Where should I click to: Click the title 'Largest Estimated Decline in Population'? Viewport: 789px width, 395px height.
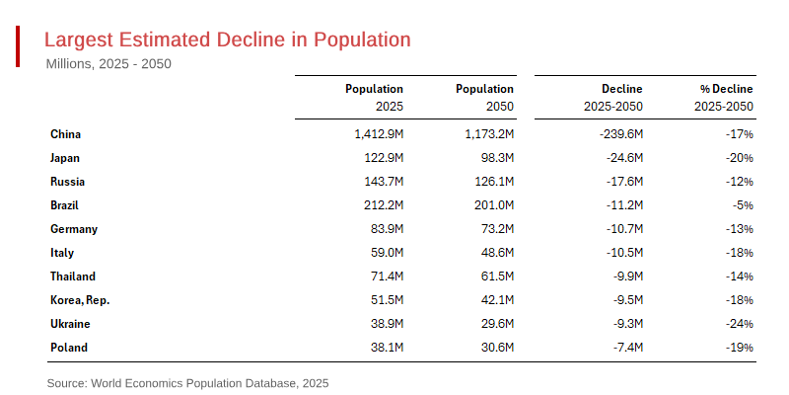tap(228, 39)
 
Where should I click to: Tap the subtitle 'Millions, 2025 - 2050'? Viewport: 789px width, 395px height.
tap(108, 64)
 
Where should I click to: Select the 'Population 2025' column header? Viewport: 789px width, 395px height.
tap(374, 97)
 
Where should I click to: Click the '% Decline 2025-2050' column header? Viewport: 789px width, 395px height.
tap(724, 97)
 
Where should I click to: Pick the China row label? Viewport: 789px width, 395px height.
tap(65, 134)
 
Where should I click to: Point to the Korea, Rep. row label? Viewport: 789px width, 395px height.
tap(80, 300)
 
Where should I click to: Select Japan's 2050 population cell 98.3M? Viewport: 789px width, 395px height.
tap(494, 158)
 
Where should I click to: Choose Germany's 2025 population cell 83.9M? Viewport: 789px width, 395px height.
tap(384, 229)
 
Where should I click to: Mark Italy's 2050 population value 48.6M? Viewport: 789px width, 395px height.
tap(494, 253)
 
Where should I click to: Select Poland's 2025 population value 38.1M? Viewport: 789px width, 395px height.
tap(384, 348)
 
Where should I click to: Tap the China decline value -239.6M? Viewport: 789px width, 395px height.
tap(618, 134)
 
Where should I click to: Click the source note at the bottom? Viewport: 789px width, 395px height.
tap(187, 382)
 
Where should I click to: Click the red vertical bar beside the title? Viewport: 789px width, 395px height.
tap(18, 46)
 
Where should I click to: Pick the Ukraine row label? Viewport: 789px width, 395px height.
tap(70, 324)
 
